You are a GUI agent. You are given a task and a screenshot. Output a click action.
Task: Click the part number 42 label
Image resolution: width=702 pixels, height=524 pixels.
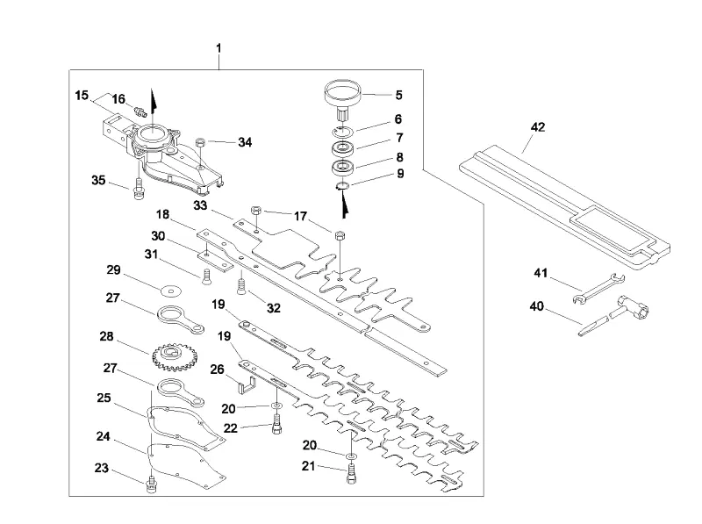pos(538,127)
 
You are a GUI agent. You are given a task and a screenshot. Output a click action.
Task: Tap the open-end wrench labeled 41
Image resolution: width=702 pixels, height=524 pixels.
pos(598,289)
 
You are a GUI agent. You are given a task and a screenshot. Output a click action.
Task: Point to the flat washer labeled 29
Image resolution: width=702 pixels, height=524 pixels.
pos(171,291)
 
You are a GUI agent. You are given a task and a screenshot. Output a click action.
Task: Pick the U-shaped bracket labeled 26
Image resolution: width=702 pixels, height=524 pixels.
pos(247,385)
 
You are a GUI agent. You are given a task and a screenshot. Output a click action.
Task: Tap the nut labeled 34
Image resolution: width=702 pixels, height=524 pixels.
pos(200,142)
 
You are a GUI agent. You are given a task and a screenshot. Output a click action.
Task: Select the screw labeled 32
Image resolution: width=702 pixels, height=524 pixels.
pos(242,285)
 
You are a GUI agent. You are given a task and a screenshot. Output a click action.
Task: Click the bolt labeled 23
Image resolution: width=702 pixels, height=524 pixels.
pos(151,485)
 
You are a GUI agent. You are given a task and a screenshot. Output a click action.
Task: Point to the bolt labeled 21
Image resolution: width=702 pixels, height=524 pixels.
pos(352,474)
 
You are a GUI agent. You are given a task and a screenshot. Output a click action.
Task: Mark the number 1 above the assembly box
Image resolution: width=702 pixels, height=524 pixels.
pos(218,48)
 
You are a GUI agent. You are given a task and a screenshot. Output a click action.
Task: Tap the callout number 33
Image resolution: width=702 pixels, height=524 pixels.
pos(200,205)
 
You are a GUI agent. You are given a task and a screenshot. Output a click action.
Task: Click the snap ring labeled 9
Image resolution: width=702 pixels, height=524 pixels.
pos(342,186)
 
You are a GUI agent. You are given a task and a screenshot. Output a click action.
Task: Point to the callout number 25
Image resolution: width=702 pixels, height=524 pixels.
pos(104,398)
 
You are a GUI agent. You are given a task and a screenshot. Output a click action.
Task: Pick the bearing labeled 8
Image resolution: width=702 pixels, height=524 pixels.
pos(343,168)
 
